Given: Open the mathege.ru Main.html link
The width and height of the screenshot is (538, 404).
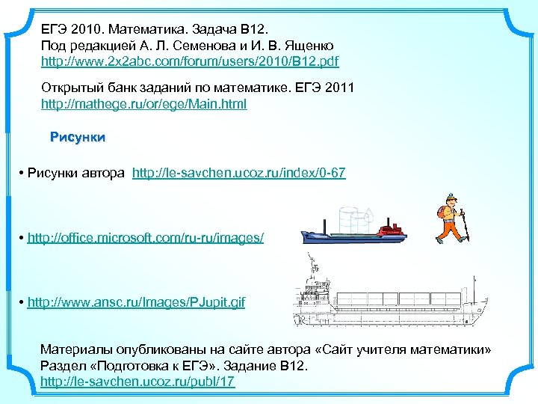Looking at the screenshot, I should pos(143,103).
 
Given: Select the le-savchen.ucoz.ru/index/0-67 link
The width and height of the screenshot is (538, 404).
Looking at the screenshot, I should pos(238,174).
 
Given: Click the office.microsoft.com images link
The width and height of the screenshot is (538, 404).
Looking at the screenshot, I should pos(145,238).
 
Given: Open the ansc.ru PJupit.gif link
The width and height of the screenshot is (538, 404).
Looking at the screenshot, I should pos(135,302).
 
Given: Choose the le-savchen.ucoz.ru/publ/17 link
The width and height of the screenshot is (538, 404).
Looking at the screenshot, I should pos(137,382).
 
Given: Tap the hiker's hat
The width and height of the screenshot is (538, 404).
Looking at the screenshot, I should pos(449,197).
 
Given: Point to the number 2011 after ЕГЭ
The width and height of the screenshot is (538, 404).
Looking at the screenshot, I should pos(338,88).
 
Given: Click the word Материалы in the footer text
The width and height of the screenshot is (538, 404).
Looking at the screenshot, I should pos(75,349).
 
